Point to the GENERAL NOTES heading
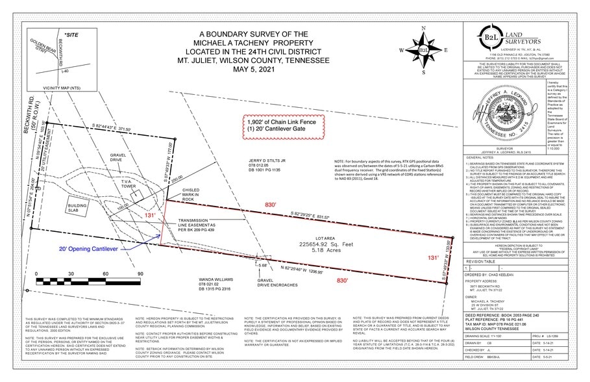pos(482,139)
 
